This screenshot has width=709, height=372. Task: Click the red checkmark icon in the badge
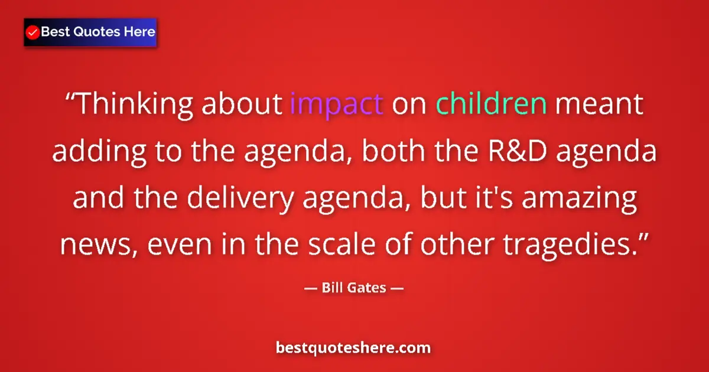[33, 32]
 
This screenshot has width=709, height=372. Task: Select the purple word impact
[337, 104]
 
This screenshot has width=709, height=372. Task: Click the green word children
[491, 104]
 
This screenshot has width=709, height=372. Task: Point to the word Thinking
[136, 105]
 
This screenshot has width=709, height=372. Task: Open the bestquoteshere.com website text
[353, 348]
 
